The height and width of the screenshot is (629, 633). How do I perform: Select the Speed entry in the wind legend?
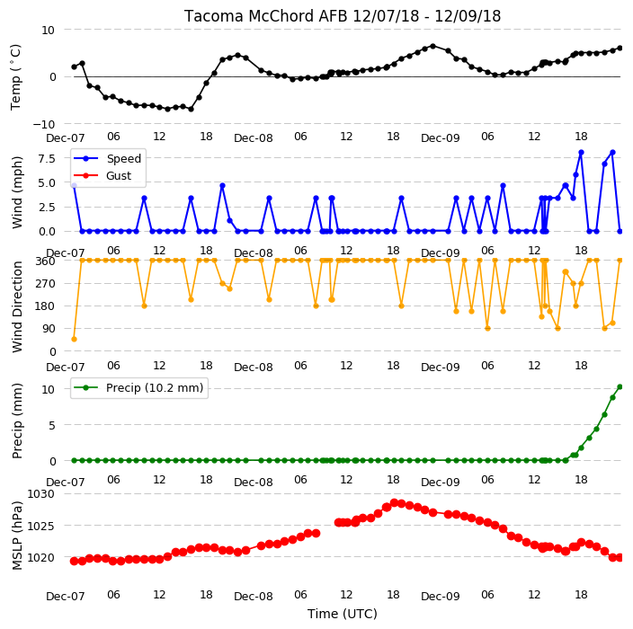123,158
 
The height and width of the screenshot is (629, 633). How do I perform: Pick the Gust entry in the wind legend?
119,175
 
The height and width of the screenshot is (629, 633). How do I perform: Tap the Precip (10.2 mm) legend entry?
155,387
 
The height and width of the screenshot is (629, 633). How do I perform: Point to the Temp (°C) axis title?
15,77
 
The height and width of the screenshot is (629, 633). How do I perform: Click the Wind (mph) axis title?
17,192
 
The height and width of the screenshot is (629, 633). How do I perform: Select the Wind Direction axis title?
17,306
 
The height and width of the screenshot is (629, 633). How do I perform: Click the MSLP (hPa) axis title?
17,535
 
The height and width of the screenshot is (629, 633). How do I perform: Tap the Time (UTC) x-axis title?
343,614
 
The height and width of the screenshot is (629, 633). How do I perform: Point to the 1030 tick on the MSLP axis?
40,494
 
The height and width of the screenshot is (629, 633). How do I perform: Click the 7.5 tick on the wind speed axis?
47,158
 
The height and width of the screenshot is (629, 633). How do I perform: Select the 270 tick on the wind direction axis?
46,284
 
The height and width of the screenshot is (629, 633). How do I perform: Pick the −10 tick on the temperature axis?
43,124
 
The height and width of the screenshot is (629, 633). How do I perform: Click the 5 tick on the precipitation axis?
52,425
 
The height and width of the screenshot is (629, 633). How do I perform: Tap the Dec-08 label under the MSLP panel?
254,597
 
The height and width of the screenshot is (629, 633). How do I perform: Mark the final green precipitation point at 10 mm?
620,387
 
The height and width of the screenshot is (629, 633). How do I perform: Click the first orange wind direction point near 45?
74,340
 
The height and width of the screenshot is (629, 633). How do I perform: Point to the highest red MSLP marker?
395,502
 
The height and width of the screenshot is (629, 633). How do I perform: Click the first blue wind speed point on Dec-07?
74,186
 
